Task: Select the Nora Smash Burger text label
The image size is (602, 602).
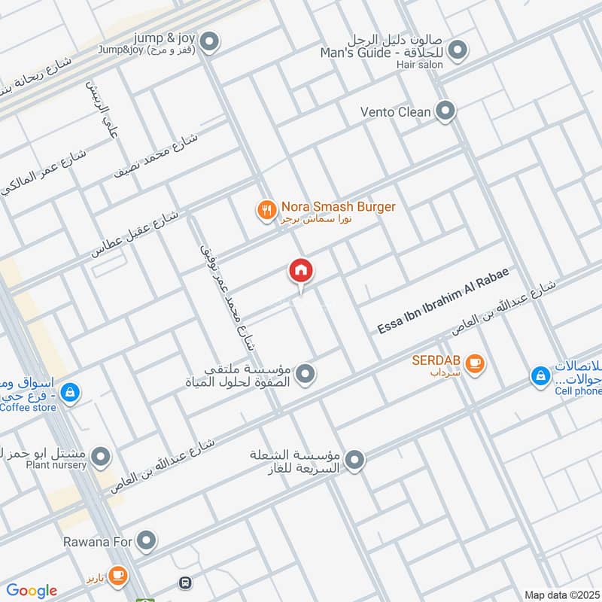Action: (x=338, y=206)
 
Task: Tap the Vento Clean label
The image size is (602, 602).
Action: (x=396, y=112)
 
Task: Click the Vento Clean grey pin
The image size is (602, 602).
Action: (x=446, y=112)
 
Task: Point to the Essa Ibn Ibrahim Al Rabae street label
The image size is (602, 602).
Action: (x=444, y=301)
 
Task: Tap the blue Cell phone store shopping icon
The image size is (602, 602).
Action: (x=540, y=375)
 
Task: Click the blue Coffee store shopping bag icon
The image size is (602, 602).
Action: (x=69, y=392)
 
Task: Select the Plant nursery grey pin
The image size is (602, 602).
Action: (x=100, y=456)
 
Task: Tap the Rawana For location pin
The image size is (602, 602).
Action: (x=147, y=540)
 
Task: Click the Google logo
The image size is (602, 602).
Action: (x=32, y=591)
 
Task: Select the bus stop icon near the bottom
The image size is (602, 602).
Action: (x=184, y=583)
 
